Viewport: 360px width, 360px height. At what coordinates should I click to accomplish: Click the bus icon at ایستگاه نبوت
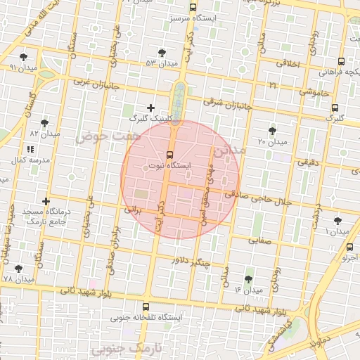coord(169,155)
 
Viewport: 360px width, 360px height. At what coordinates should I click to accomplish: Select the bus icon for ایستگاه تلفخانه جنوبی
coord(146,307)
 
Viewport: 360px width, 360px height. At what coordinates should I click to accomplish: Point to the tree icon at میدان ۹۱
coord(24,57)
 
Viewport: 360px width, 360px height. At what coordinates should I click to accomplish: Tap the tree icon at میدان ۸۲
coord(45,122)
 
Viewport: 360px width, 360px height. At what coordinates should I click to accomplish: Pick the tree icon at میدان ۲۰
coord(273,131)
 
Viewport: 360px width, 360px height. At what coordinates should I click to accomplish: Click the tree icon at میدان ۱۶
coord(247,278)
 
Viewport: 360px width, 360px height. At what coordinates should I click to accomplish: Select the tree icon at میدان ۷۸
coord(19,268)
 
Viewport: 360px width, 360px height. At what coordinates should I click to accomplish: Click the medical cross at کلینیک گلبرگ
coord(150,108)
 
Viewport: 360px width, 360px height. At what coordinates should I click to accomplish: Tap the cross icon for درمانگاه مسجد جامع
coord(46,202)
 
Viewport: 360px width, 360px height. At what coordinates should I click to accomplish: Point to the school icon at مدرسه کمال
coord(30,149)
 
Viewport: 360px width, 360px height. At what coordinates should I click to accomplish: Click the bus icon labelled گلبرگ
coord(335,108)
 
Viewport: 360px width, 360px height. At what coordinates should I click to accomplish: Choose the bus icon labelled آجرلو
coord(349,247)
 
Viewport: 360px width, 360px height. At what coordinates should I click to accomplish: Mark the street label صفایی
coord(259,240)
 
